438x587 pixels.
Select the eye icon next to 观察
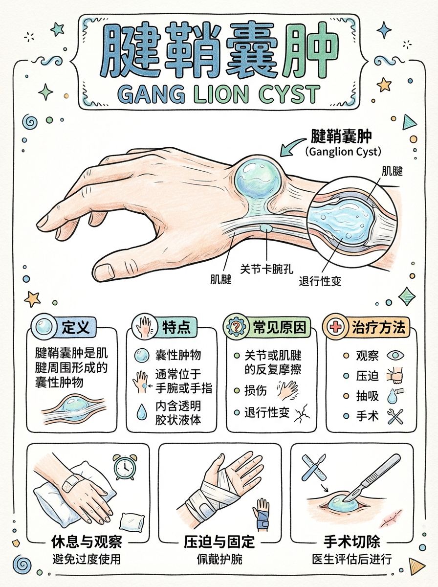[395, 356]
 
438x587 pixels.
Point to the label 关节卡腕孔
[267, 269]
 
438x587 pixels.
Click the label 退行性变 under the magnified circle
[320, 281]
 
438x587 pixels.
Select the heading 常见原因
[279, 327]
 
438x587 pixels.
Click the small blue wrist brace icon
[261, 515]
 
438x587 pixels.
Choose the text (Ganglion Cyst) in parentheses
[343, 152]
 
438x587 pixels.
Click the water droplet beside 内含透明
[141, 412]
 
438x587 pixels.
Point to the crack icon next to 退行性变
[302, 413]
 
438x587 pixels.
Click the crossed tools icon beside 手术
[395, 416]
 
